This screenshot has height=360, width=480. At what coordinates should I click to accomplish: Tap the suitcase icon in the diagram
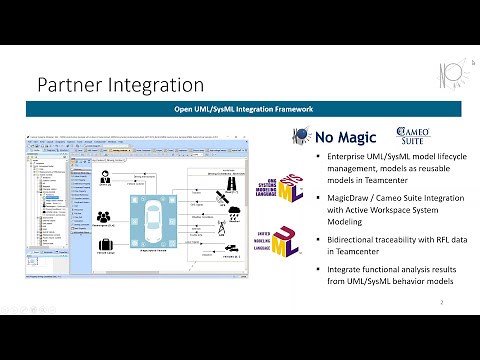coord(104,247)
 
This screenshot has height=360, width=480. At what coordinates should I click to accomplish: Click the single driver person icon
coord(105,178)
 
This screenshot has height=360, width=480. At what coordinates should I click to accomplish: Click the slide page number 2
coord(442,300)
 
